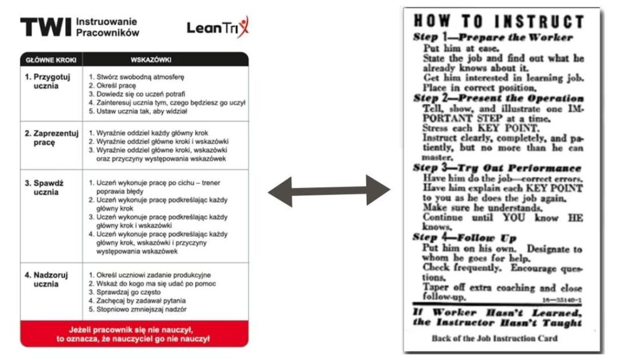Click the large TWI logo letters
(46, 27)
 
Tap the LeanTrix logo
(218, 27)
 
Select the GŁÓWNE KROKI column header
(51, 59)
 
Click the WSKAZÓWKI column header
(151, 59)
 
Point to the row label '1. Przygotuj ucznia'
(47, 81)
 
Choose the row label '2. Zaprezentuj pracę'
(51, 138)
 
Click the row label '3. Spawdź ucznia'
(44, 187)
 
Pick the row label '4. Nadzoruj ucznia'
(46, 279)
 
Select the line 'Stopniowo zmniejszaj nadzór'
(137, 309)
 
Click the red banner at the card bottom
(135, 334)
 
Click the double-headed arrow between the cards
(329, 190)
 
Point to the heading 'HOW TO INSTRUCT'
(498, 21)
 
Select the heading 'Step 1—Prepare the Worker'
(493, 37)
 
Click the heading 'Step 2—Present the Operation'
(498, 98)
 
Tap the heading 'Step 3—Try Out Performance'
(496, 168)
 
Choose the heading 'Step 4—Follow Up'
(464, 238)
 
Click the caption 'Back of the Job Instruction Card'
(495, 338)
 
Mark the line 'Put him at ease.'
(461, 48)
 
